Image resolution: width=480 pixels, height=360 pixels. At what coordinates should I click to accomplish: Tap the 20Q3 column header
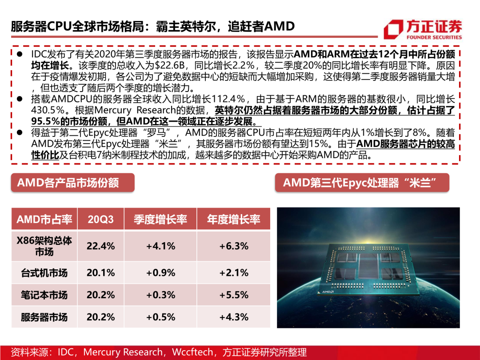[100, 219]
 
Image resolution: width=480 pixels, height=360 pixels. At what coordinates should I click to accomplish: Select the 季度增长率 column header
[160, 219]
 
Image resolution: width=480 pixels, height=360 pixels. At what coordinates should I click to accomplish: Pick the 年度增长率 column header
[233, 219]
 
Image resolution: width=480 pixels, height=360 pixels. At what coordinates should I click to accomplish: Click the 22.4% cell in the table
[100, 246]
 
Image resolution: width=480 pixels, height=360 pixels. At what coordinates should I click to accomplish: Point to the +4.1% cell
[160, 246]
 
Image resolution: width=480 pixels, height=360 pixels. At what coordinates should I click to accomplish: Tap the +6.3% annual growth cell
[233, 246]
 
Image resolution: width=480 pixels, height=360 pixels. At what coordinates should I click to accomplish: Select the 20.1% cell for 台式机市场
[100, 272]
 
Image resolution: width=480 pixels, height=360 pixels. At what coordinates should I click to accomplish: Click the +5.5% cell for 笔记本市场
[233, 295]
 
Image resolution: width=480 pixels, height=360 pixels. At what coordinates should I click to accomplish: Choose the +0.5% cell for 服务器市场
[160, 317]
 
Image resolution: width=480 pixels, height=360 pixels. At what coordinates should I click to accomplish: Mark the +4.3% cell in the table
[233, 317]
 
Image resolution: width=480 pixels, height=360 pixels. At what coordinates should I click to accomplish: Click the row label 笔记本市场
[44, 295]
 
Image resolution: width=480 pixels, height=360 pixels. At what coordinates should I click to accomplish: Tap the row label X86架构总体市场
[44, 246]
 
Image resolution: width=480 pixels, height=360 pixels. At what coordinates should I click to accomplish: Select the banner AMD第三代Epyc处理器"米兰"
[361, 183]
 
